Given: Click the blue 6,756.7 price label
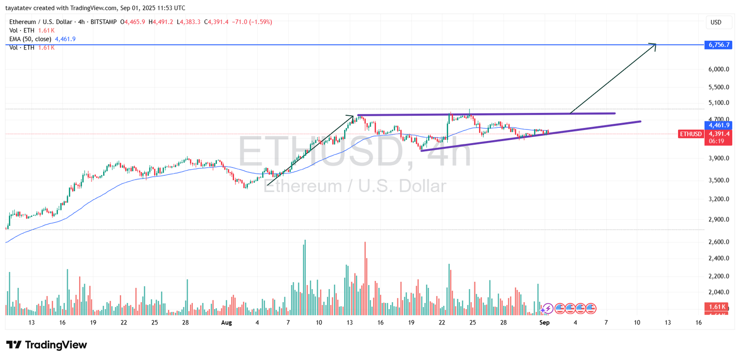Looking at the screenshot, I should click(718, 45).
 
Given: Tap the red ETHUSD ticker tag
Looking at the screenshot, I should click(691, 134).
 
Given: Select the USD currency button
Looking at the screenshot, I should click(716, 22).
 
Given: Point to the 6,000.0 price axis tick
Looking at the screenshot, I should click(718, 69).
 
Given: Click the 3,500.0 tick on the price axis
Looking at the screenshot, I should click(718, 180).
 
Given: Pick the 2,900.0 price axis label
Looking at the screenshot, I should click(718, 220).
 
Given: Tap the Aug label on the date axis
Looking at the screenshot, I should click(226, 323).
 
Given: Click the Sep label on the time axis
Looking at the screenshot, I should click(544, 323).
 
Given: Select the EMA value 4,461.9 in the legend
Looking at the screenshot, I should click(65, 39).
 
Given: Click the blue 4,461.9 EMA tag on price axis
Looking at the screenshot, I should click(718, 125).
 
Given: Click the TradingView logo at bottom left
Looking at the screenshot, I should click(46, 345).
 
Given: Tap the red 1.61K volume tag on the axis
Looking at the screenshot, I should click(717, 307).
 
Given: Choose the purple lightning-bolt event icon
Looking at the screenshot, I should click(548, 308).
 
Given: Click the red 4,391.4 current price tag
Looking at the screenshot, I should click(718, 134).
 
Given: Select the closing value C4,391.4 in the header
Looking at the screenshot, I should click(216, 22).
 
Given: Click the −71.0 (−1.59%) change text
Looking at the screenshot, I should click(252, 22).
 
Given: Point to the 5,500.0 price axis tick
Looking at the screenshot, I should click(718, 87).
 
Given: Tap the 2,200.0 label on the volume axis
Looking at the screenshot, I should click(718, 276).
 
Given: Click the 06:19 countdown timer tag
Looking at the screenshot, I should click(716, 141).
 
